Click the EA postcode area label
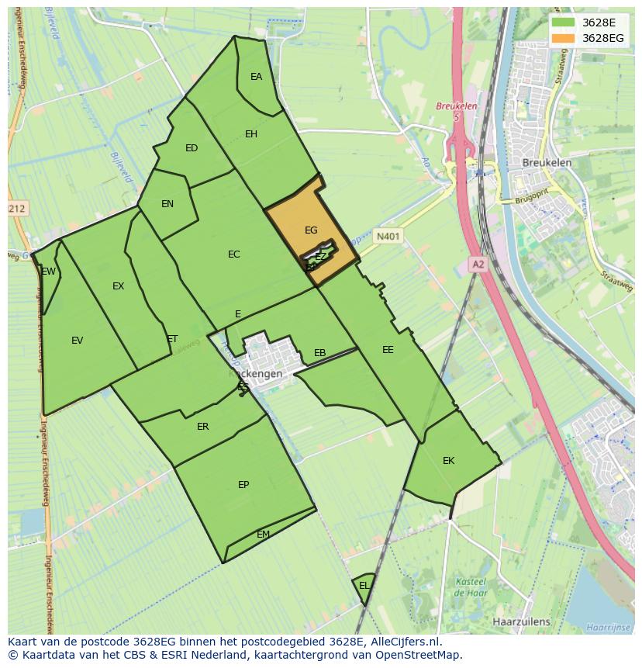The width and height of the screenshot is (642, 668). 256,77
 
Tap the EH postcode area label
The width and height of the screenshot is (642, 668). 251,134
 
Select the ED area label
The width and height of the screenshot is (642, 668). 192,148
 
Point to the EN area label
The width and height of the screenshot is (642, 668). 167,204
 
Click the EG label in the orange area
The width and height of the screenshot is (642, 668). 311,230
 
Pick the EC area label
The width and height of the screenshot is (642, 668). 234,254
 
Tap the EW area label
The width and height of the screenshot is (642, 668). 49,272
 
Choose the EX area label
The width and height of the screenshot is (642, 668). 118,286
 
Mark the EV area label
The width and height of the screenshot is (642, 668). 77,341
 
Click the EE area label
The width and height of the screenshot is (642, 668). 388,350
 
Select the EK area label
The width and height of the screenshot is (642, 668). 448,461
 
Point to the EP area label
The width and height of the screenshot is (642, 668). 243,485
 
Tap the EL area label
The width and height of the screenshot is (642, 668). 364,586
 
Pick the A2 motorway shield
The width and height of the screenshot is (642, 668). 478,265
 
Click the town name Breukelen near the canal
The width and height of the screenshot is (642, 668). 547,163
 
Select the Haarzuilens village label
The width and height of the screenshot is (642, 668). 521,621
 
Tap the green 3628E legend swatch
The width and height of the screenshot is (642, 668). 564,22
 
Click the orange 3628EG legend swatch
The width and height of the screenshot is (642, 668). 564,38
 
